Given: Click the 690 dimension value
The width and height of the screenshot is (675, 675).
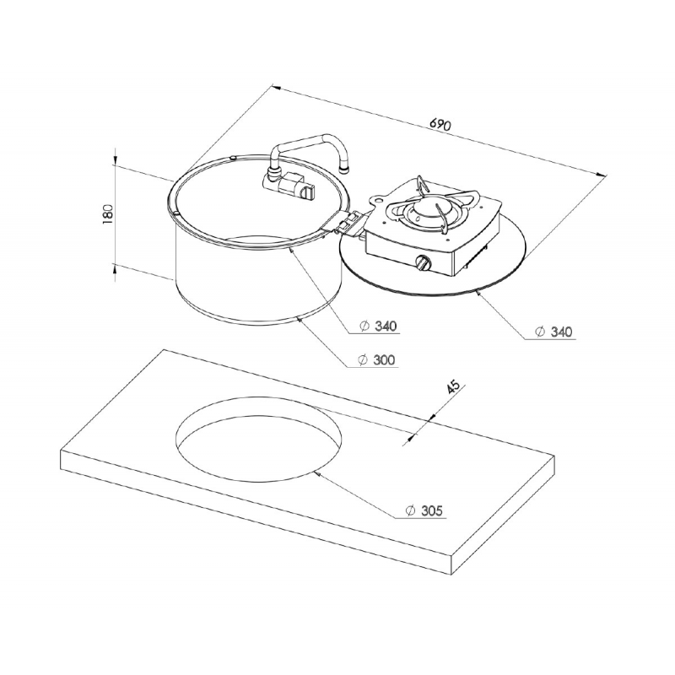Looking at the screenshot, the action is click(x=440, y=124).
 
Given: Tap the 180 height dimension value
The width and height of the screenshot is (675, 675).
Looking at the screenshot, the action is click(x=108, y=214).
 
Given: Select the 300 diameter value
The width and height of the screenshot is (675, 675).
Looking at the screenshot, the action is click(x=384, y=359).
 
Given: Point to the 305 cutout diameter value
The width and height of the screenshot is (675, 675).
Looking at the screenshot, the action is click(x=431, y=510).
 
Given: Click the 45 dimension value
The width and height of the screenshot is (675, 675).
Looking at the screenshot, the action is click(x=454, y=387).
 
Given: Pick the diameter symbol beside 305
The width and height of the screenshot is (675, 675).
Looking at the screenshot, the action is click(x=410, y=510).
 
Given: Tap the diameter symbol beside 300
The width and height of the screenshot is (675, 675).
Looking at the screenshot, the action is click(x=363, y=359).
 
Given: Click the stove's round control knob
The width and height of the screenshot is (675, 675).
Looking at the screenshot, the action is click(x=423, y=262).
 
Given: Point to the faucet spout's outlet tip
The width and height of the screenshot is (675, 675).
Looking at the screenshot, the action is click(x=343, y=168).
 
